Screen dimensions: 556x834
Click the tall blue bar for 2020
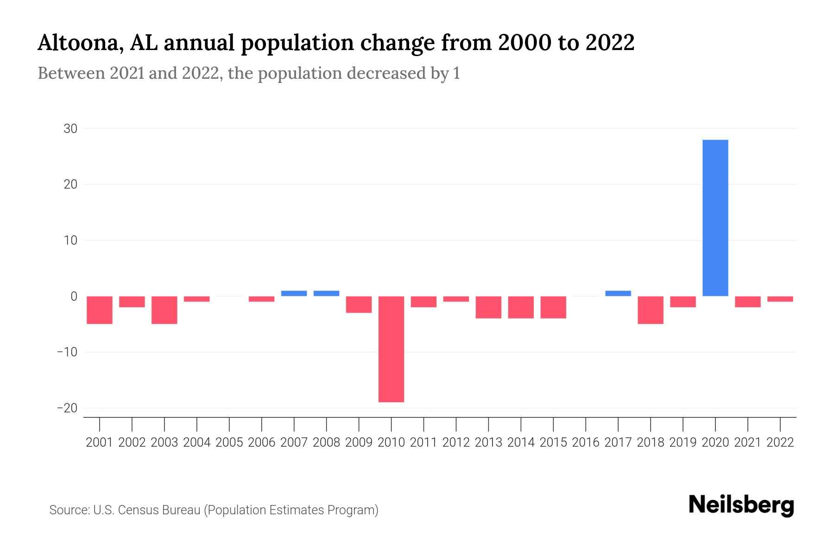(715, 218)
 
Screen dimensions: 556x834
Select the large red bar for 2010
(391, 349)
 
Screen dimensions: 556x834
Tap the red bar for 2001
(100, 310)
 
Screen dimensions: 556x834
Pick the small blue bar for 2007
(294, 293)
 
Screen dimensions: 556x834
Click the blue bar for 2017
(618, 293)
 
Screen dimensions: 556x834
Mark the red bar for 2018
(650, 310)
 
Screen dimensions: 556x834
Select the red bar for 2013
(488, 307)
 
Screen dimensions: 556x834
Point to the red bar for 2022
(780, 299)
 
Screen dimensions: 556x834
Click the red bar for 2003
(164, 310)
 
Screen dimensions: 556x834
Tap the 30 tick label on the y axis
(70, 129)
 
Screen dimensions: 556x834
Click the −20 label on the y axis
(67, 408)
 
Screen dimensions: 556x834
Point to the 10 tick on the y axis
(70, 240)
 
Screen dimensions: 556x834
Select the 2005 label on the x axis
(229, 442)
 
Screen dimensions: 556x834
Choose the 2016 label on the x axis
(586, 442)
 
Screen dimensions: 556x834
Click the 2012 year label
(456, 442)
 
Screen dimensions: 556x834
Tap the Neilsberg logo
(741, 505)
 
